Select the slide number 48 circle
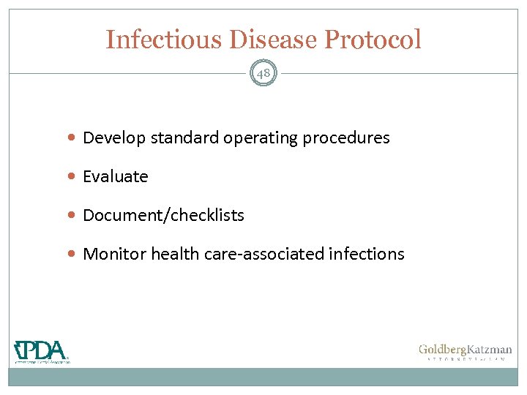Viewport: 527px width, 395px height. click(263, 73)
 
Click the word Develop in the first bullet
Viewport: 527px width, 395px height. click(114, 138)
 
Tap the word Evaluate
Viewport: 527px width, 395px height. click(116, 176)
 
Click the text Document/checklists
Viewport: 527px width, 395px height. click(163, 216)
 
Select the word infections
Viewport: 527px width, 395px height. click(367, 254)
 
